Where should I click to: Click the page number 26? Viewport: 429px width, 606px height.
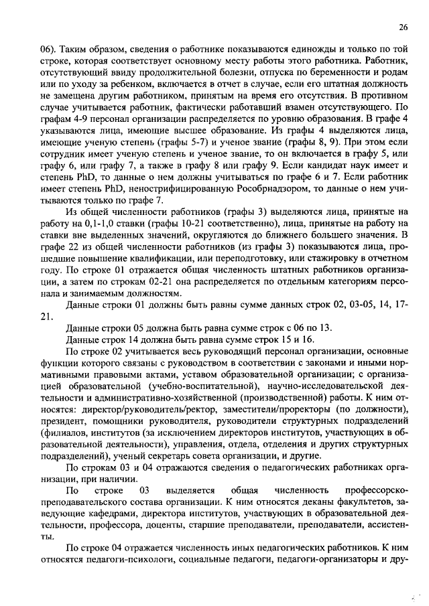pos(402,27)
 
